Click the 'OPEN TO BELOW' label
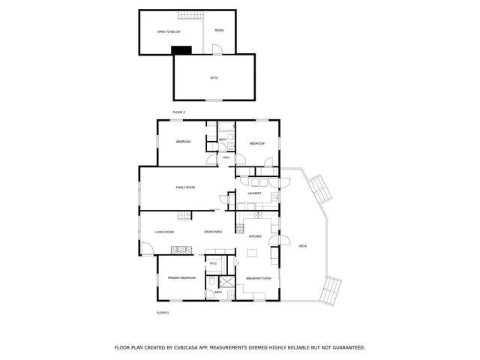[168, 31]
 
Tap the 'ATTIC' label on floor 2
[214, 77]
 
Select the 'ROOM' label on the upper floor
[219, 30]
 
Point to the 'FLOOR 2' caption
[178, 112]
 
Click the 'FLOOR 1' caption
[163, 312]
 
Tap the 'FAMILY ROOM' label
[185, 187]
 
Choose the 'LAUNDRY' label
[254, 193]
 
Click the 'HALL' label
[226, 157]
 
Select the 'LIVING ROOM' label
[164, 232]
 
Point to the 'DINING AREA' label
[213, 232]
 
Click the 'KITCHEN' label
[255, 236]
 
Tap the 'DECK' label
[303, 246]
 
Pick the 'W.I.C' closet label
[213, 263]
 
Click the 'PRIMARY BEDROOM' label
[181, 277]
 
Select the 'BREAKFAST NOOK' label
[259, 278]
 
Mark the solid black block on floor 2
[181, 50]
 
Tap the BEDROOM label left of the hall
[184, 142]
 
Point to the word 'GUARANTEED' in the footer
[347, 347]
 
